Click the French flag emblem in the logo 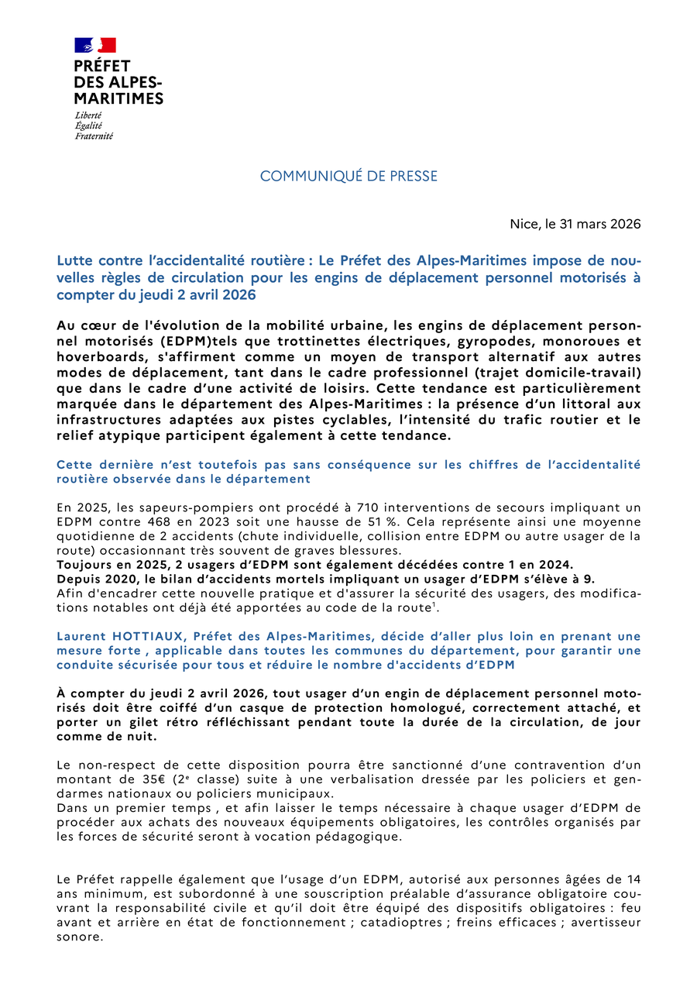coord(95,45)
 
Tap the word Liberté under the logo coord(88,115)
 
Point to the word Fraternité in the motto coord(94,136)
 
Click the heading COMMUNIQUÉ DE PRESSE coord(348,177)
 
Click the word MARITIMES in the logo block coord(118,98)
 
